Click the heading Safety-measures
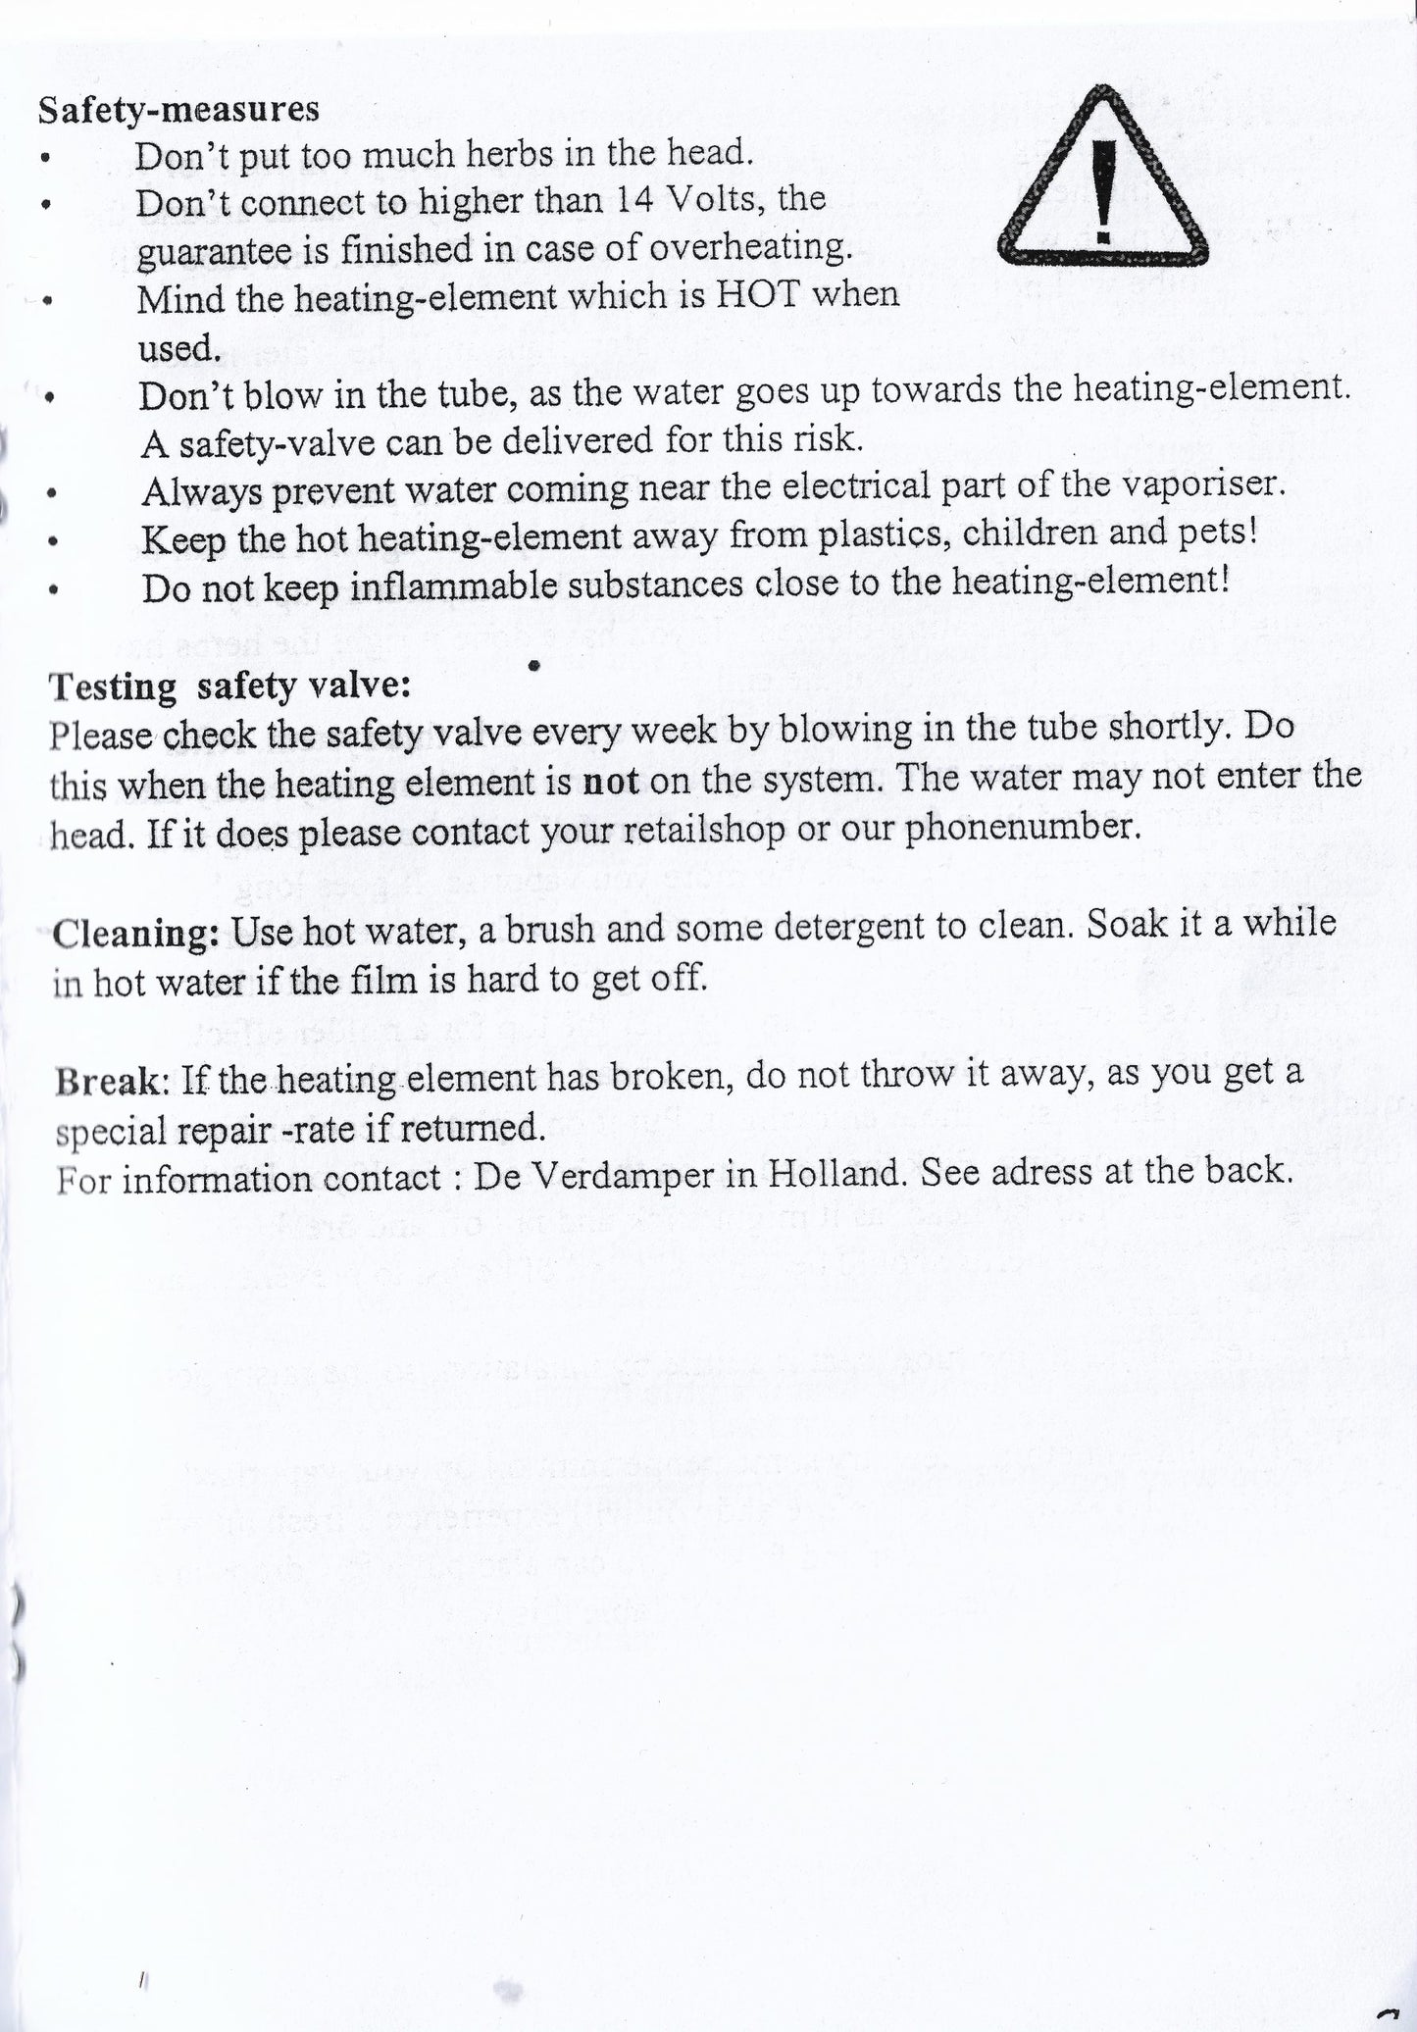point(178,109)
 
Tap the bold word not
point(610,782)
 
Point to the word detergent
point(852,927)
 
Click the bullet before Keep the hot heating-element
point(55,540)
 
